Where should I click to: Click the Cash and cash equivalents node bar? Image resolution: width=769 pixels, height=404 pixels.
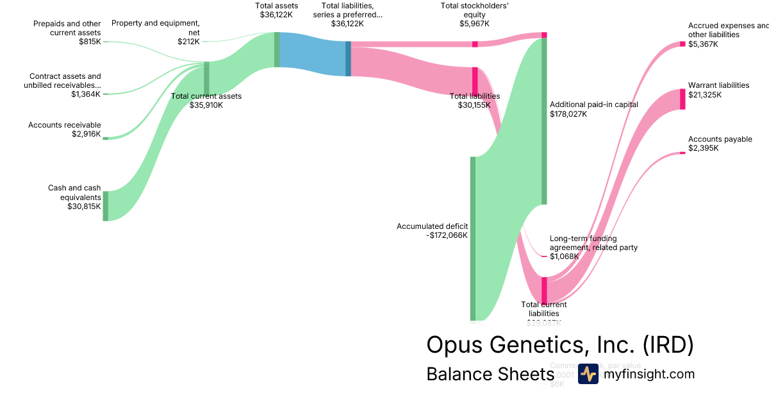pyautogui.click(x=106, y=206)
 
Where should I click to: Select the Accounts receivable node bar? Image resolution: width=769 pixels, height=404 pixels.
pyautogui.click(x=106, y=138)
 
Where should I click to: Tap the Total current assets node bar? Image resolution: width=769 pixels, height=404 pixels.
pyautogui.click(x=206, y=78)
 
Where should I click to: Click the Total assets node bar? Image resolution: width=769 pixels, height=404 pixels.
pyautogui.click(x=277, y=49)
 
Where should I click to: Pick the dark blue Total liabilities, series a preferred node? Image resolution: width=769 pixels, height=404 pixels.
pyautogui.click(x=348, y=59)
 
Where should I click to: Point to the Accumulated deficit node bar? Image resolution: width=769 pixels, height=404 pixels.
pyautogui.click(x=473, y=238)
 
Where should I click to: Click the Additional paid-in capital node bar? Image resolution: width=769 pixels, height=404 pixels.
pyautogui.click(x=544, y=121)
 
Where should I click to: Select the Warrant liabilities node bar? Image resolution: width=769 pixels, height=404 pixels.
pyautogui.click(x=682, y=99)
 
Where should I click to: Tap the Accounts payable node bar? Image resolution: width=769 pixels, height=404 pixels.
pyautogui.click(x=682, y=153)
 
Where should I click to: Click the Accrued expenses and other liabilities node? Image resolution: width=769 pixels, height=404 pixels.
pyautogui.click(x=682, y=44)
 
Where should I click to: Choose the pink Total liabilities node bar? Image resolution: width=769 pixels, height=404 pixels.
pyautogui.click(x=475, y=80)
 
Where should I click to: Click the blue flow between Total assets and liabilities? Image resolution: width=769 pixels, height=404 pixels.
pyautogui.click(x=313, y=54)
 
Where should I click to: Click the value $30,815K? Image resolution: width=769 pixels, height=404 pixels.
pyautogui.click(x=84, y=206)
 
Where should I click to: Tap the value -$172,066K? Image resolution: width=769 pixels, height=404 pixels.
pyautogui.click(x=447, y=235)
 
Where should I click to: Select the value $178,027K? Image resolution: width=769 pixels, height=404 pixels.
pyautogui.click(x=568, y=114)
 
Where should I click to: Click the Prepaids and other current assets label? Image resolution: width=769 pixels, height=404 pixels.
pyautogui.click(x=67, y=28)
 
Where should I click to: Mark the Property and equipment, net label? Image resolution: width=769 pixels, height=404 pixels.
pyautogui.click(x=156, y=28)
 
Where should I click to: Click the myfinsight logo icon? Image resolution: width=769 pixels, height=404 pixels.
pyautogui.click(x=588, y=374)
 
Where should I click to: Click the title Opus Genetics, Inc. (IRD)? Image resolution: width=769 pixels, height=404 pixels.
pyautogui.click(x=559, y=345)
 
